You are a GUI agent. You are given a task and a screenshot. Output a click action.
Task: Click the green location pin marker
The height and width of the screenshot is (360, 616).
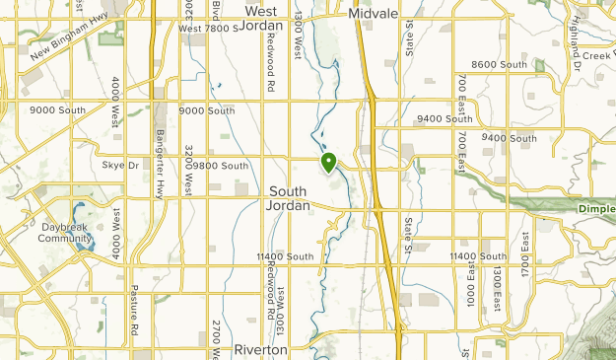[328, 162]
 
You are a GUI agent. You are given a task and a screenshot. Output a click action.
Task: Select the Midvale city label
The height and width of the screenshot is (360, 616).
[372, 15]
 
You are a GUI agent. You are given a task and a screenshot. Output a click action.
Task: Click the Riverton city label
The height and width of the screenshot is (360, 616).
[260, 349]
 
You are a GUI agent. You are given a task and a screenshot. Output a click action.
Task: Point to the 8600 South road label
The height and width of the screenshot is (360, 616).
[500, 64]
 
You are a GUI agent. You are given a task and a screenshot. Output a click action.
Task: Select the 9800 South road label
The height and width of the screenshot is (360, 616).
[220, 166]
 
